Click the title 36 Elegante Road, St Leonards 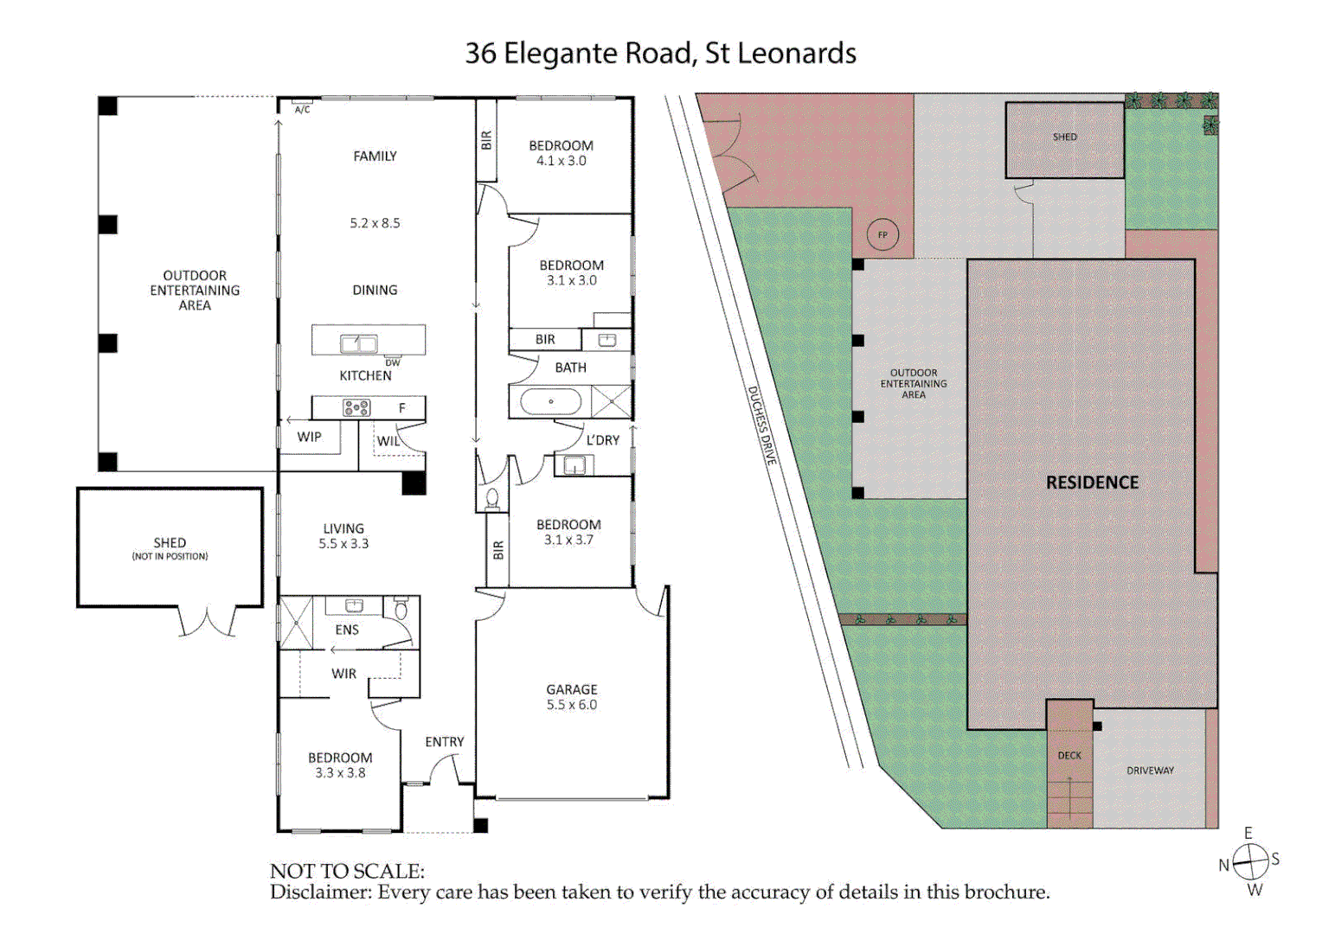[x=660, y=54]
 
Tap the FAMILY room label [x=375, y=157]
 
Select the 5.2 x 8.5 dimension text [x=375, y=223]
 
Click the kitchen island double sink [x=359, y=343]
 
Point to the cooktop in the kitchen [x=356, y=407]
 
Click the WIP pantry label [x=309, y=437]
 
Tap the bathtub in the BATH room [x=550, y=401]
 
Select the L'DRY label [x=602, y=440]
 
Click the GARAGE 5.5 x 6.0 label [x=571, y=697]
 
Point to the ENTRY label [x=444, y=742]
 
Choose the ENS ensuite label [x=347, y=630]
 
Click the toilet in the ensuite [x=401, y=609]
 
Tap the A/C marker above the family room [x=302, y=110]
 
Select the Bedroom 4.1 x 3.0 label [x=561, y=153]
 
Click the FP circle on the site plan [x=882, y=235]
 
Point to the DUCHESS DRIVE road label [x=761, y=425]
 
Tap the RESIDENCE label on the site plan [x=1092, y=483]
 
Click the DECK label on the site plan [x=1069, y=755]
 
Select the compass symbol [x=1250, y=861]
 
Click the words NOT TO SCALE [x=347, y=871]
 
